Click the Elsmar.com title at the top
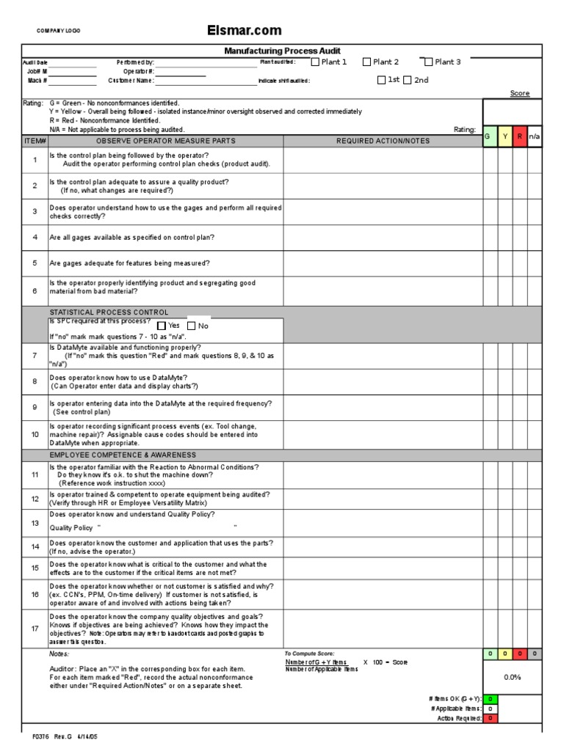245,30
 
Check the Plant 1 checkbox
316,62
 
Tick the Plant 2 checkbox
367,62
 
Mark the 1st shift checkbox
381,81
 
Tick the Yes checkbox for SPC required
162,326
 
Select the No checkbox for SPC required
192,326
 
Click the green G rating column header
490,136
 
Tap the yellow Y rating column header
505,136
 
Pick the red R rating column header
520,136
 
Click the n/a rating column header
535,136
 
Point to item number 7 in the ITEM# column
35,355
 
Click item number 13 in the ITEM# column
35,523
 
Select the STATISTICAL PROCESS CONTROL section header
109,312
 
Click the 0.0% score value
512,677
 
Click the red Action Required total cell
490,719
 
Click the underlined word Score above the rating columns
519,93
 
